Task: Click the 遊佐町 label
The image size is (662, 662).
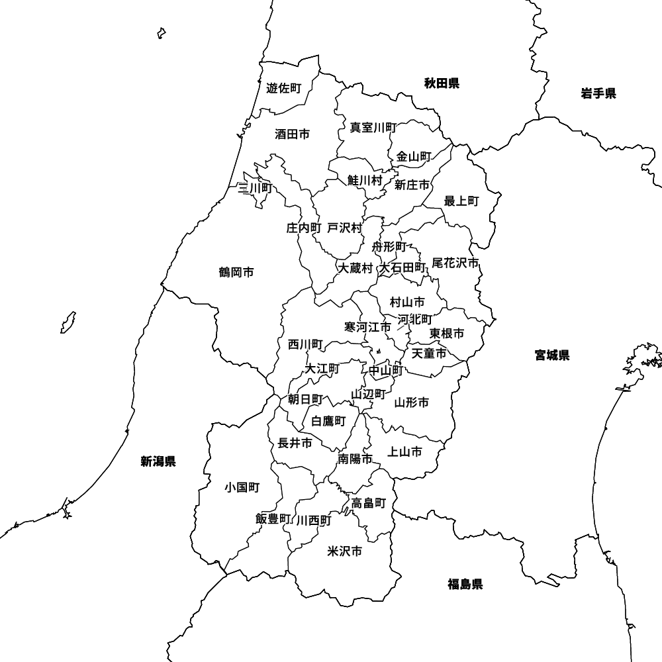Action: tap(283, 88)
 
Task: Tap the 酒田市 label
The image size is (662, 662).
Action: tap(292, 134)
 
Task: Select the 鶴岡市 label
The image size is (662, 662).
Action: tap(236, 272)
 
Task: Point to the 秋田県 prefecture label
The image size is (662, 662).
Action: tap(442, 83)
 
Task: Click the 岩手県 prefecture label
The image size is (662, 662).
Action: tap(598, 93)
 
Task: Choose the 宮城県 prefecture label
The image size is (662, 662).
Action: tap(552, 355)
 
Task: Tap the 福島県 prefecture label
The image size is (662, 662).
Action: tap(465, 584)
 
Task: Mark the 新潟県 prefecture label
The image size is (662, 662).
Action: tap(158, 461)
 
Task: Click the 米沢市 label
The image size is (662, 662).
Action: tap(345, 551)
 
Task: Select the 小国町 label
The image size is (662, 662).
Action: tap(242, 488)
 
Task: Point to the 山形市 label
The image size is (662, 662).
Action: tap(412, 402)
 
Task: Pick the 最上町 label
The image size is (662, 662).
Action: tap(461, 201)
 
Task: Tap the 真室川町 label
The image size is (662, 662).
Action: tap(373, 127)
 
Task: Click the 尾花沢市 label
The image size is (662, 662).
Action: tap(455, 263)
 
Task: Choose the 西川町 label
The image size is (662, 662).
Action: tap(305, 344)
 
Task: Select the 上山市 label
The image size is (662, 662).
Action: tap(404, 452)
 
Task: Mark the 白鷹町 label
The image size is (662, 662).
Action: tap(329, 421)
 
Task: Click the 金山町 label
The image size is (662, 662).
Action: tap(414, 157)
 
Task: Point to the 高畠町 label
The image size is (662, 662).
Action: tap(368, 503)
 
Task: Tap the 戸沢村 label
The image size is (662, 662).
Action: tap(345, 228)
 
